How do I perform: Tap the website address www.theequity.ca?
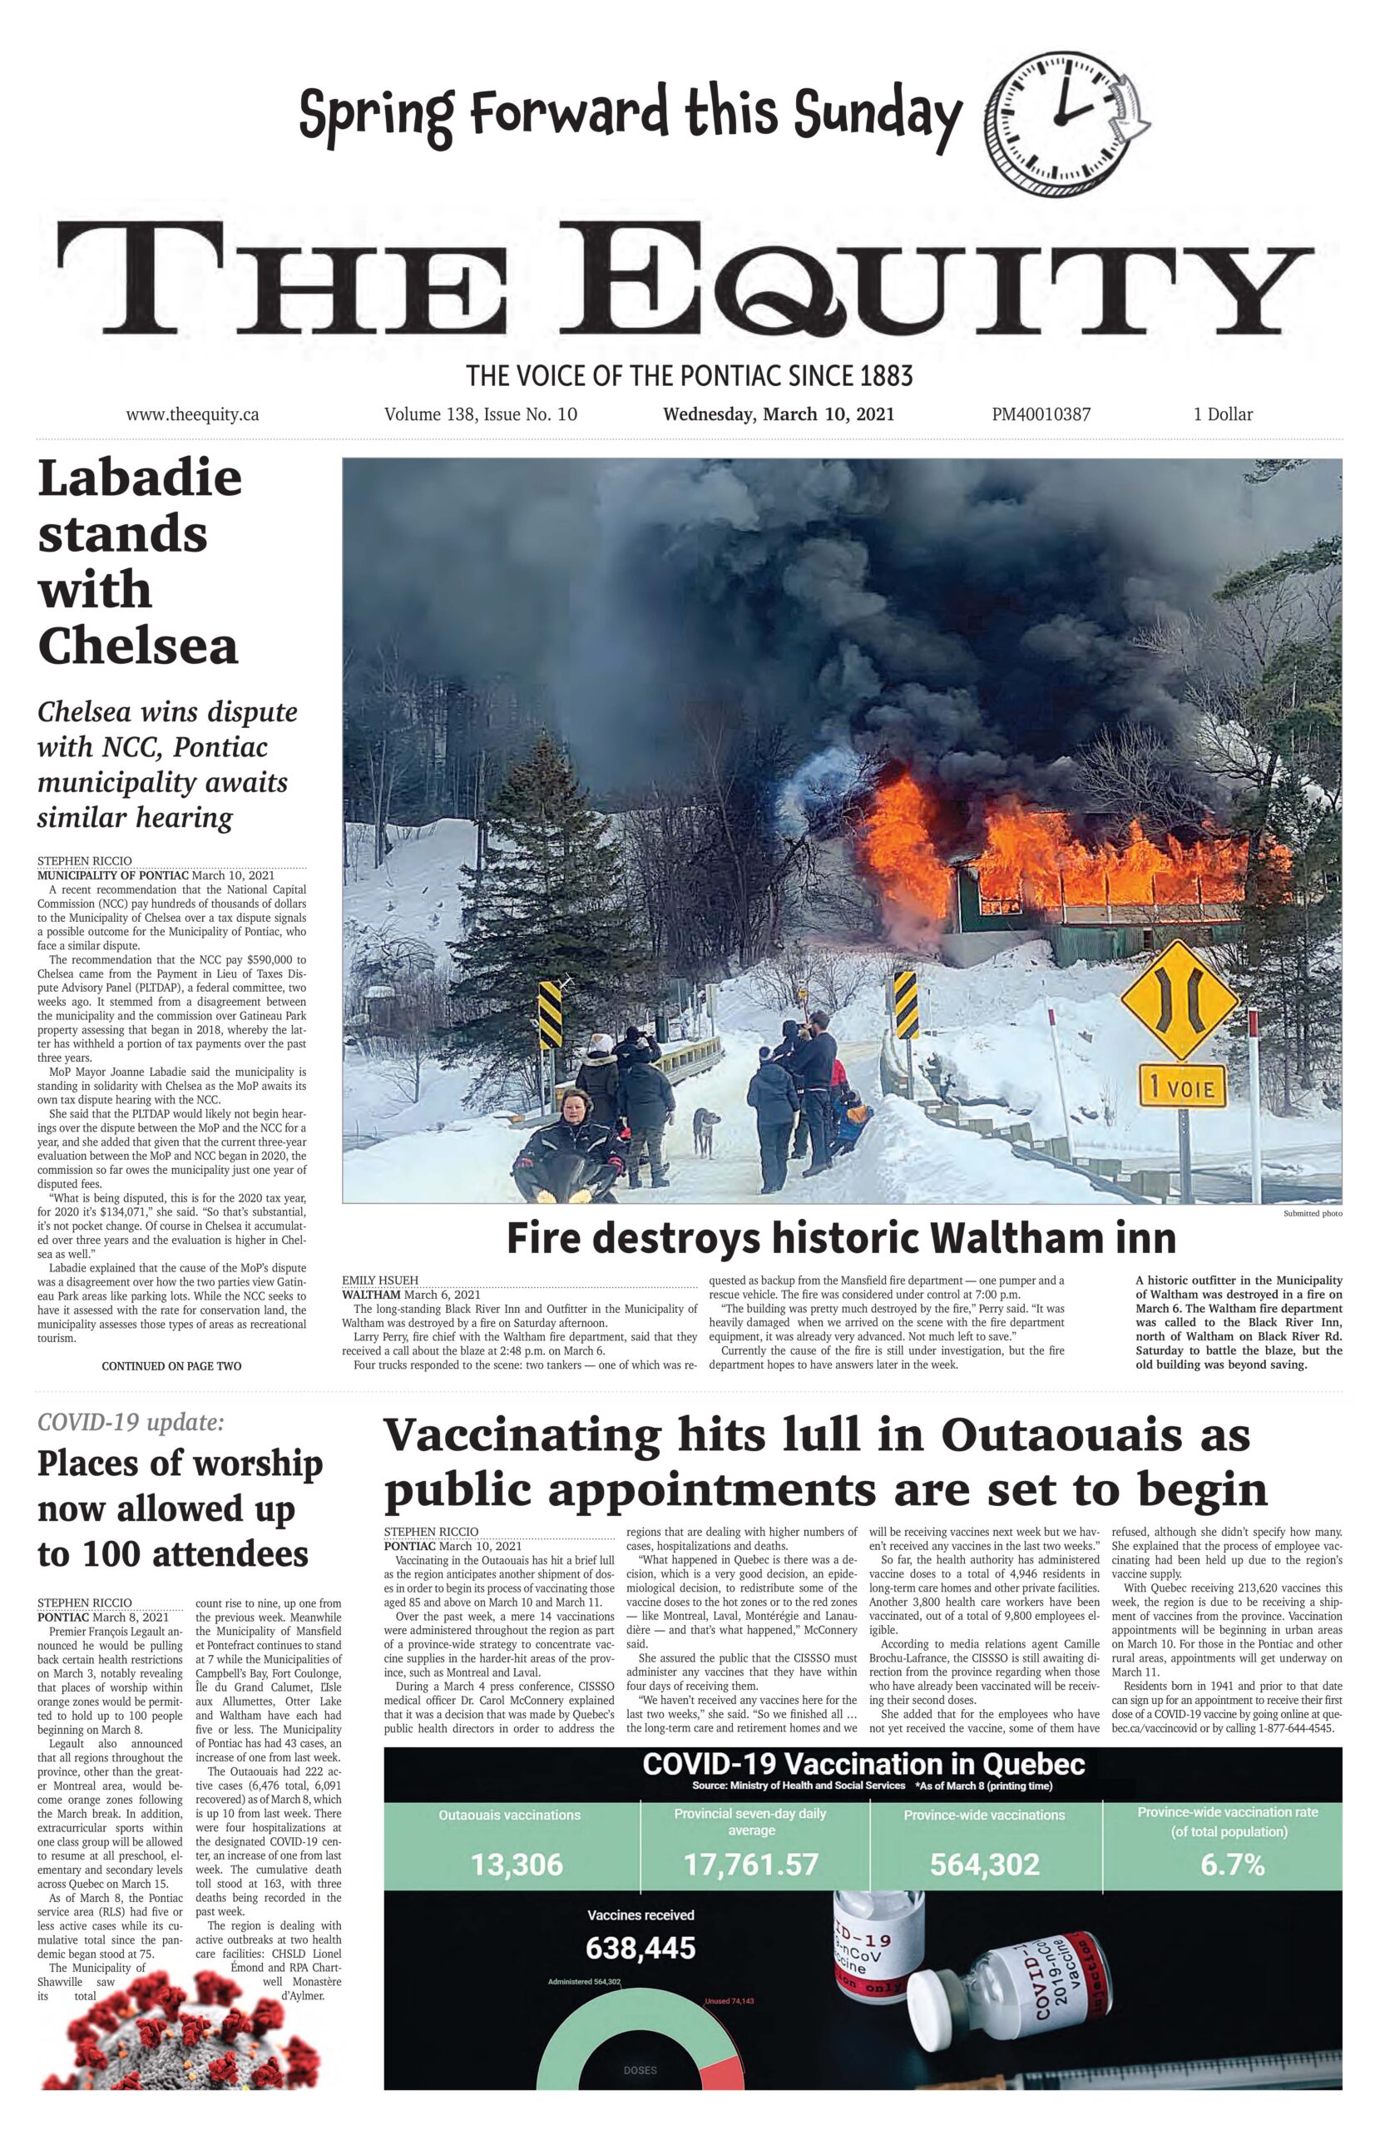pyautogui.click(x=192, y=414)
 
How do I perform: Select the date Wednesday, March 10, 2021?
pyautogui.click(x=778, y=414)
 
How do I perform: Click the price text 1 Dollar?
pyautogui.click(x=1223, y=414)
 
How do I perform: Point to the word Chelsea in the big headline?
pyautogui.click(x=138, y=646)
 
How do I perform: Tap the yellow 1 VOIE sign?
pyautogui.click(x=1181, y=1088)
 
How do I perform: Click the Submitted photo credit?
pyautogui.click(x=1312, y=1214)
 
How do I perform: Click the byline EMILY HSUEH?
pyautogui.click(x=379, y=1280)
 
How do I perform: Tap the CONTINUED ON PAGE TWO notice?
pyautogui.click(x=171, y=1366)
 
